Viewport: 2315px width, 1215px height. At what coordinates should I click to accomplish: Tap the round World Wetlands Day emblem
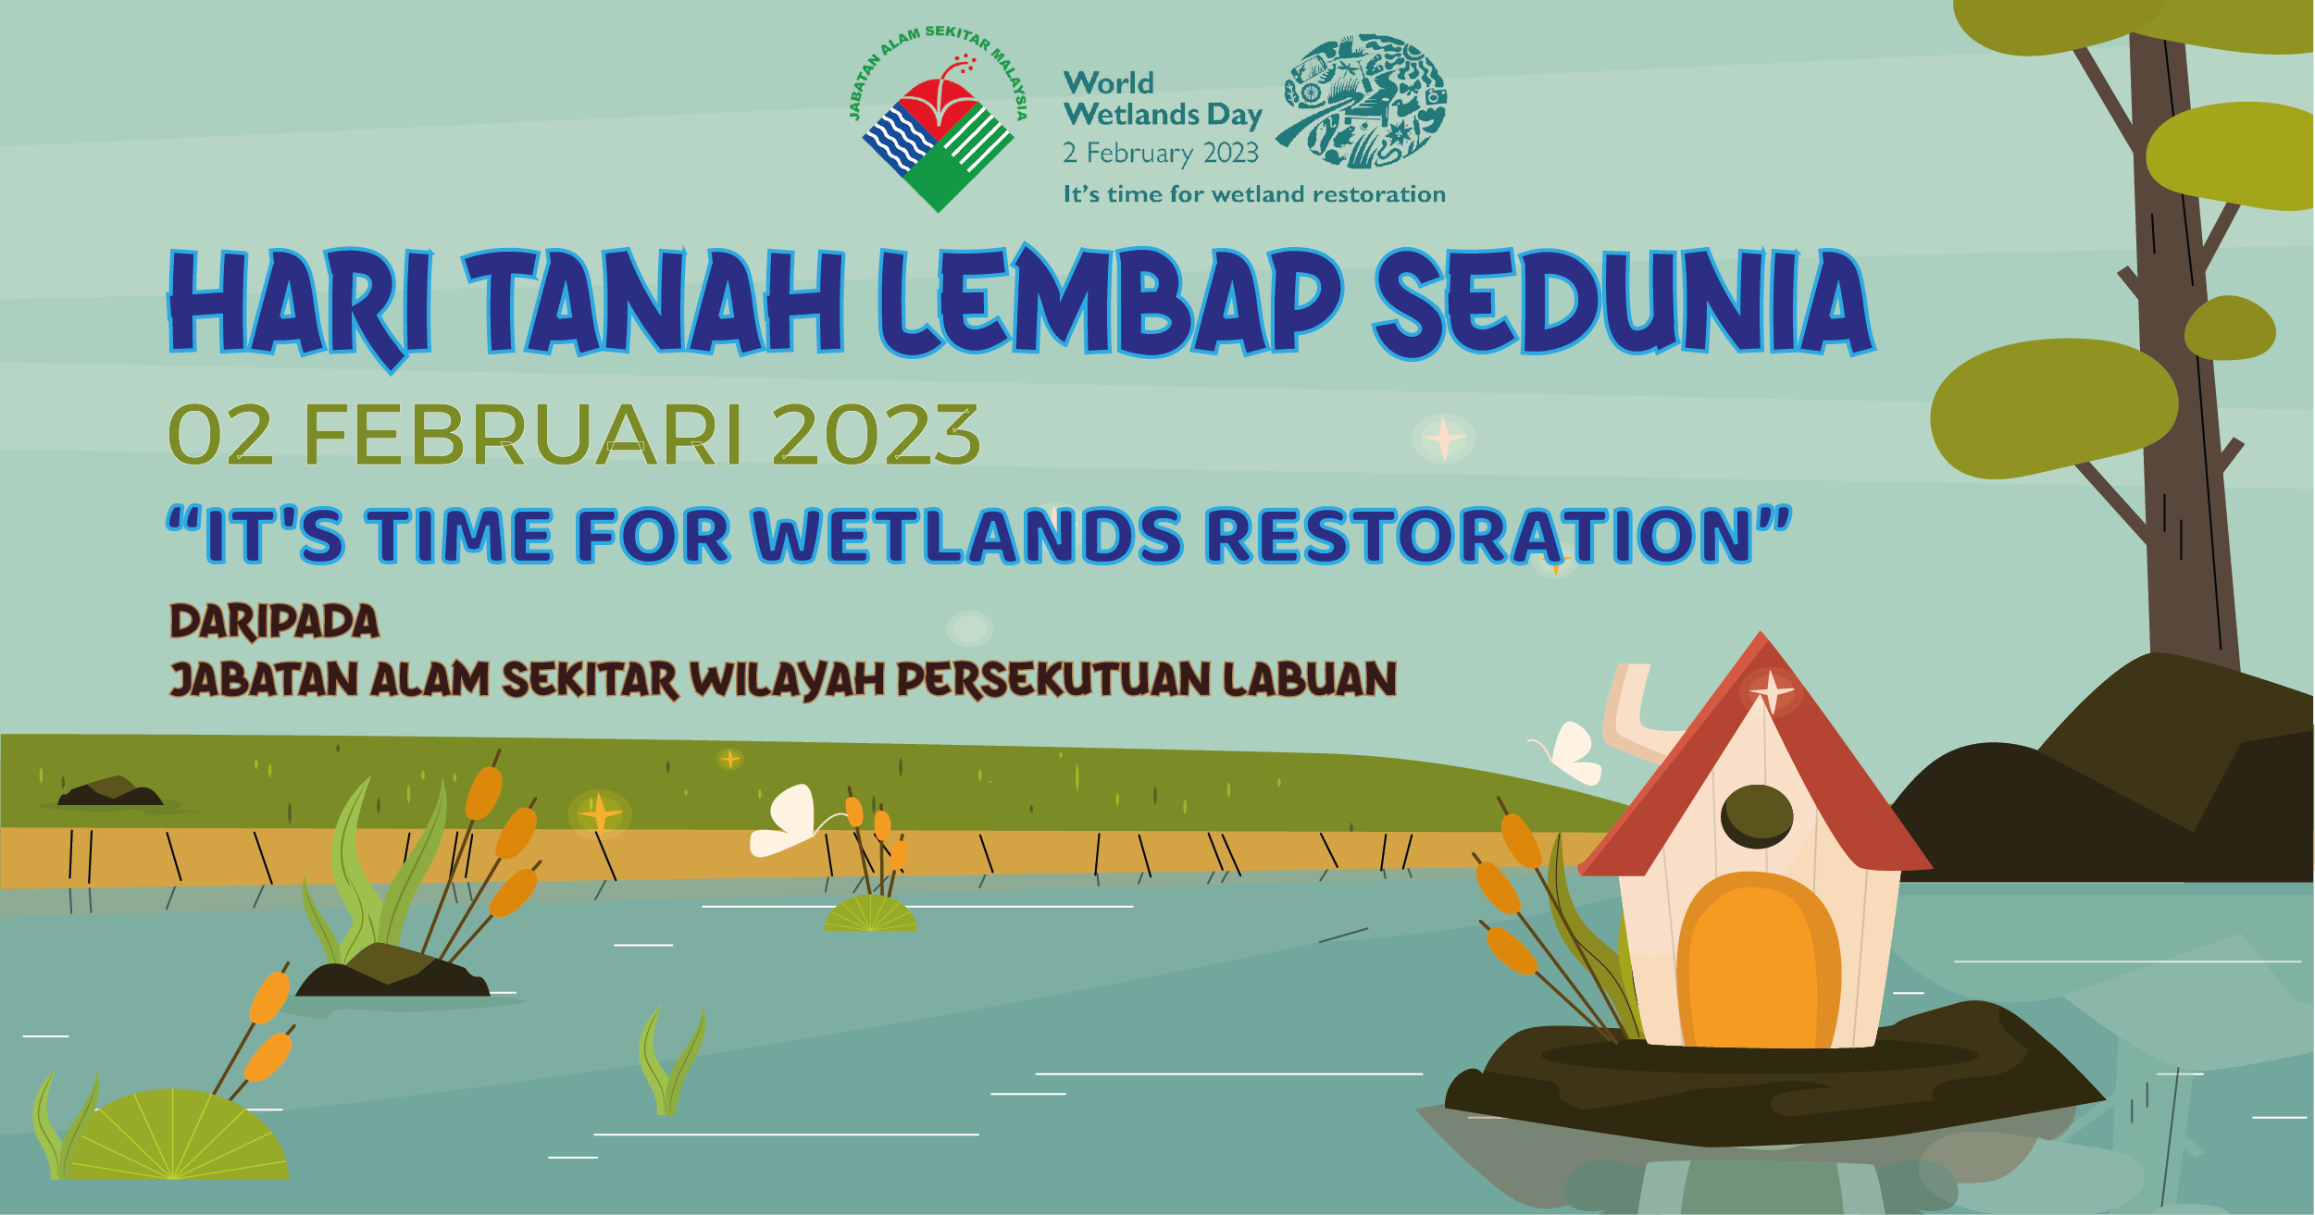click(1362, 101)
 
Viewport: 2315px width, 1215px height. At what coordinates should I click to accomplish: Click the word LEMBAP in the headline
click(1110, 302)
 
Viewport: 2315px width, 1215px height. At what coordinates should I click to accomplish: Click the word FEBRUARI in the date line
click(523, 435)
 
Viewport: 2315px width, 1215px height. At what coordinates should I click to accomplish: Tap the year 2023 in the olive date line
click(876, 435)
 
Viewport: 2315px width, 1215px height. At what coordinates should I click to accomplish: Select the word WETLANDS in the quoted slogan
click(967, 536)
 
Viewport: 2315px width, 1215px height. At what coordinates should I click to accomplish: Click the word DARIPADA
click(274, 621)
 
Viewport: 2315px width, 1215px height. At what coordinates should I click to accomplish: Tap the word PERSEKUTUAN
click(1053, 679)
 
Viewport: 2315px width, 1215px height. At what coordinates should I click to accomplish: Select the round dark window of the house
click(1757, 816)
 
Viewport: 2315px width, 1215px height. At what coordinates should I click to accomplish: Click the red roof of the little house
click(1756, 754)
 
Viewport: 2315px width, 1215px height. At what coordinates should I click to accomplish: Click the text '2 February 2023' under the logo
click(1161, 153)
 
